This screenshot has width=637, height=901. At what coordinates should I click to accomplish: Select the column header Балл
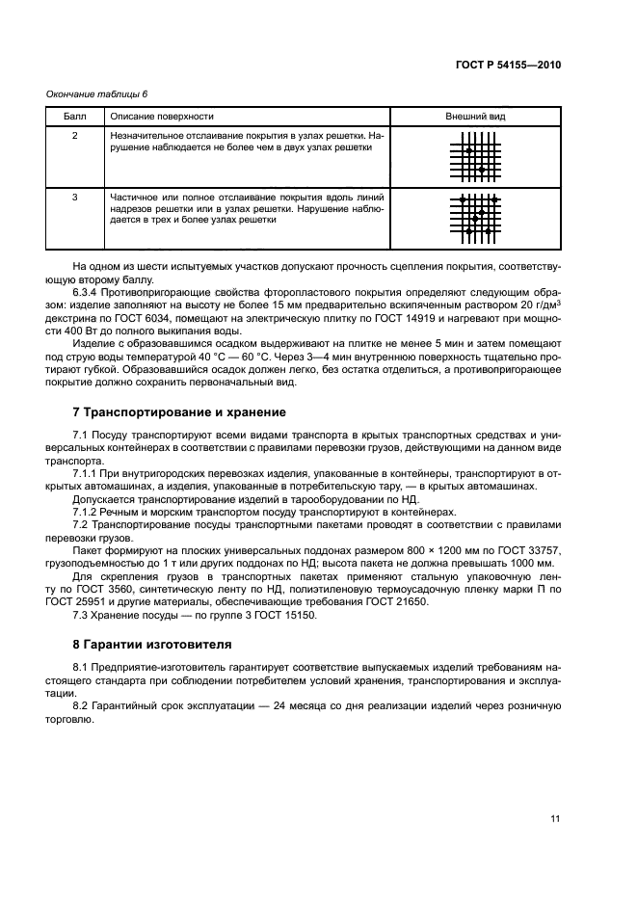point(74,116)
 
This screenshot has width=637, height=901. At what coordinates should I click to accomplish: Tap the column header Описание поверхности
point(162,116)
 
